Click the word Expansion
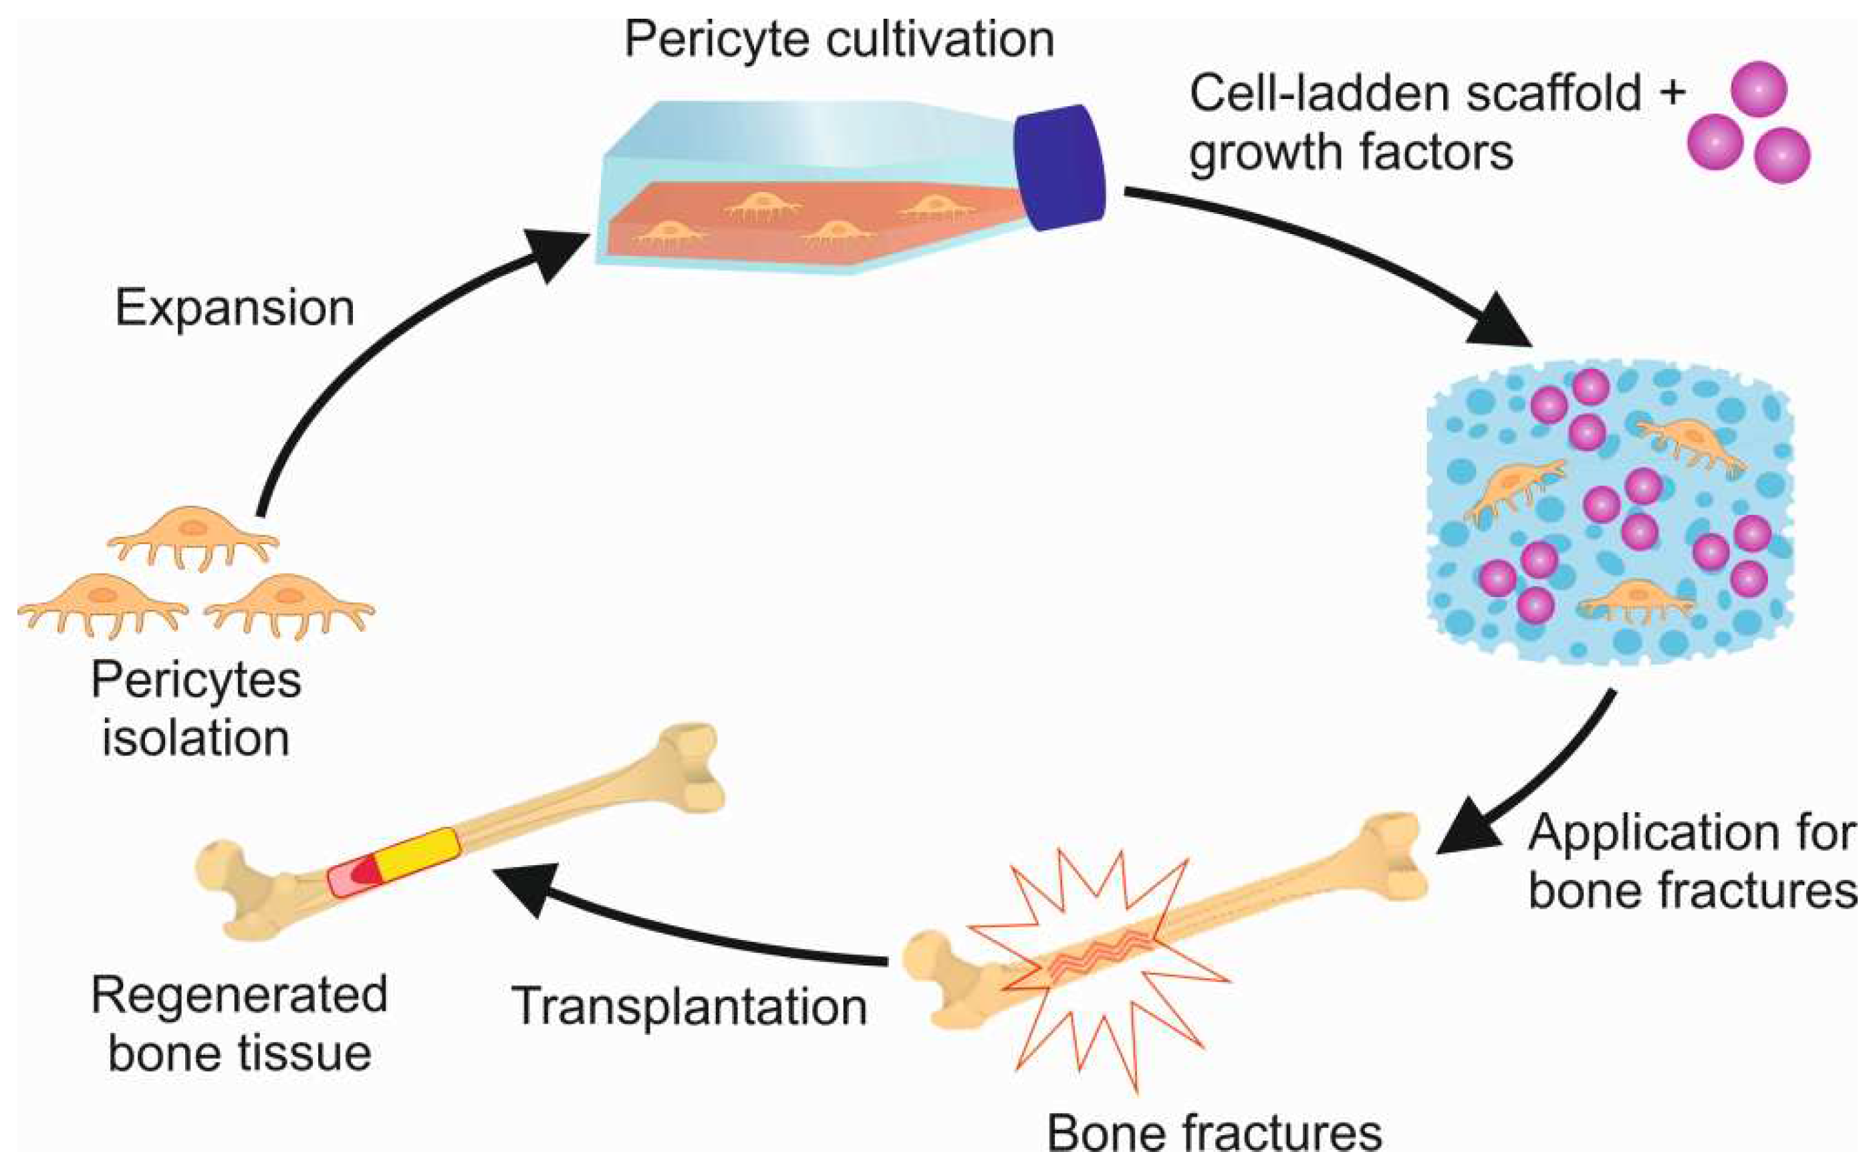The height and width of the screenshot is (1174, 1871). click(x=235, y=308)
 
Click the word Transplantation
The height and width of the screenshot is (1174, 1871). click(x=689, y=1007)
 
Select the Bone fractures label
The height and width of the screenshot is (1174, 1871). click(x=1213, y=1134)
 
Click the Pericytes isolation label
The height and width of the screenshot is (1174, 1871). click(x=196, y=708)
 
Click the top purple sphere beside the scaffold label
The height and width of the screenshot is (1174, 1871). click(x=1759, y=88)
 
